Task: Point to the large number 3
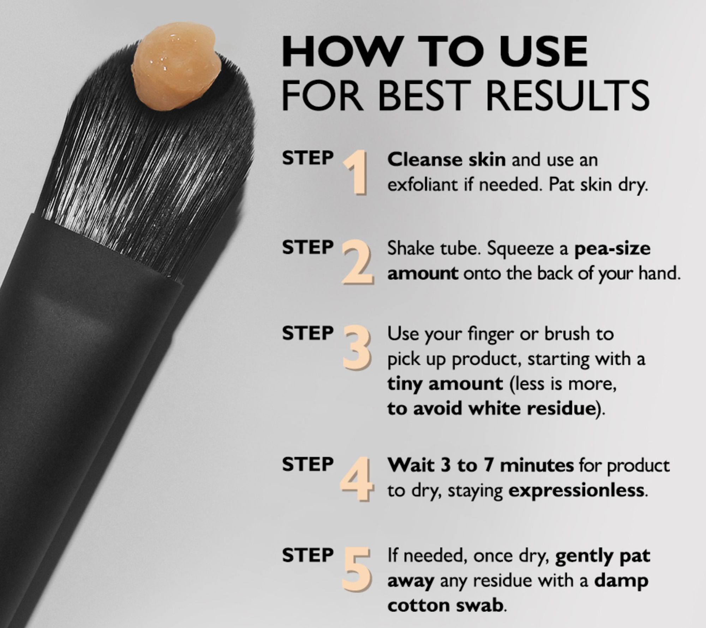[357, 349]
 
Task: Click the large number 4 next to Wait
[357, 479]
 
